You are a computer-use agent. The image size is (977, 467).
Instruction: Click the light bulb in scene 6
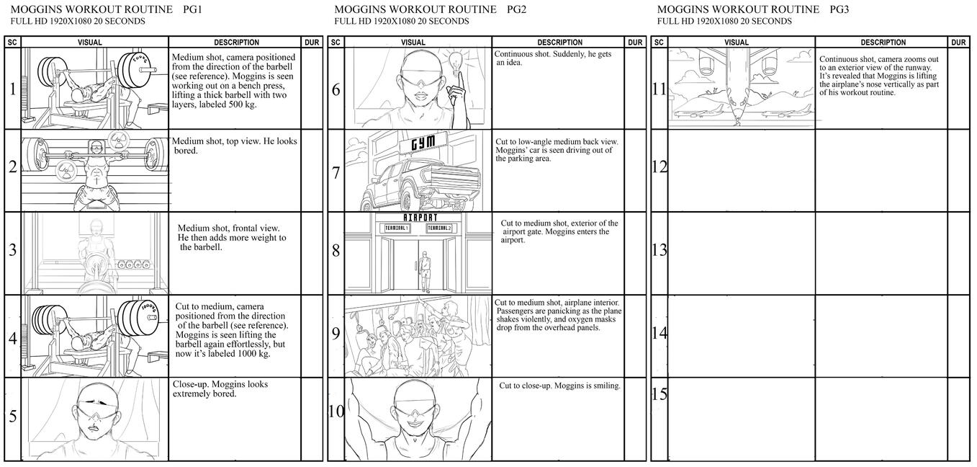(x=456, y=61)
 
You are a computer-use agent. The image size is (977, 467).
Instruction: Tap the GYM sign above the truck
(x=423, y=143)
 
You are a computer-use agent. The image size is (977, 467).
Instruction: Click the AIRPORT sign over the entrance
(x=420, y=218)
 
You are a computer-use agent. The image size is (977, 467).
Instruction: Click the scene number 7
(x=336, y=173)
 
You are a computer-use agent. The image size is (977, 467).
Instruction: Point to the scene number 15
(x=659, y=394)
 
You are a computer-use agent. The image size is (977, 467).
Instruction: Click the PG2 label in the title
(x=516, y=9)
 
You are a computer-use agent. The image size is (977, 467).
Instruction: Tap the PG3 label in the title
(x=839, y=9)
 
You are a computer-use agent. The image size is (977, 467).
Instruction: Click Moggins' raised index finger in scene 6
(x=459, y=80)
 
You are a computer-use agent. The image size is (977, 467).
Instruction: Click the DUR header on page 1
(x=312, y=43)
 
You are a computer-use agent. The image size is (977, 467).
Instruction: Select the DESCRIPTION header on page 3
(x=883, y=43)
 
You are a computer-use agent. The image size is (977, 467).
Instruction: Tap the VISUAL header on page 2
(x=413, y=43)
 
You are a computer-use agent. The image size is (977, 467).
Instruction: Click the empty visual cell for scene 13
(x=742, y=253)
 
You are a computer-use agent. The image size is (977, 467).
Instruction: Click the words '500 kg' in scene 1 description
(x=241, y=104)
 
